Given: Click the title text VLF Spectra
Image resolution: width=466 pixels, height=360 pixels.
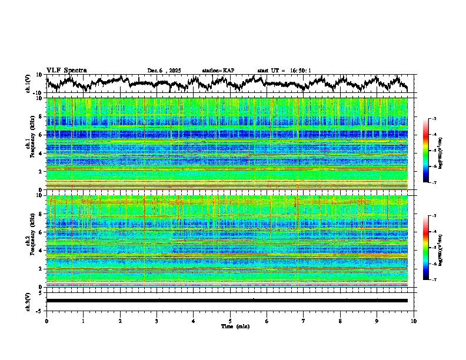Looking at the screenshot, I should [x=66, y=71].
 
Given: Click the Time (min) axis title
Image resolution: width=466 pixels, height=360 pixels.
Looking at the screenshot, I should [x=230, y=326].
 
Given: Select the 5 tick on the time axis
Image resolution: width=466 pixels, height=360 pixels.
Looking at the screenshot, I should [x=230, y=321].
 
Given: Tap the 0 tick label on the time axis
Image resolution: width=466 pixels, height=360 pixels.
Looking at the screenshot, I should [x=46, y=321].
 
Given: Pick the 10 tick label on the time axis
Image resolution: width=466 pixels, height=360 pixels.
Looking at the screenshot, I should [x=414, y=321].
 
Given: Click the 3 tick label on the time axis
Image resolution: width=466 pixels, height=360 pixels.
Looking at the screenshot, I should [x=157, y=321].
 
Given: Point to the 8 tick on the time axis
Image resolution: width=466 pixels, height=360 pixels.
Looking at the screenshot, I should [x=340, y=321].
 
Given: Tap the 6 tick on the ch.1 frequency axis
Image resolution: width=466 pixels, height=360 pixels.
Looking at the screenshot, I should [x=41, y=135].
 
